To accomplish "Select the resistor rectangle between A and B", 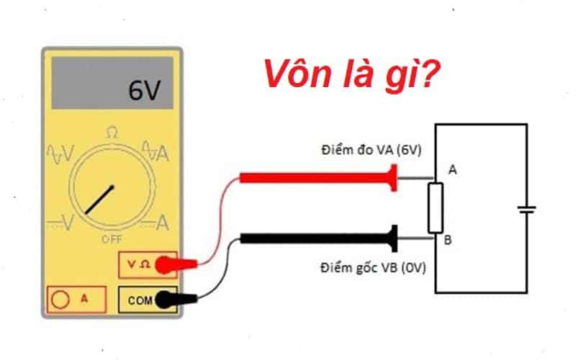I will [x=436, y=208].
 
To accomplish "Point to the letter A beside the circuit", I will [x=452, y=170].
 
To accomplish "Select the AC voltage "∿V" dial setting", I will [x=61, y=152].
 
